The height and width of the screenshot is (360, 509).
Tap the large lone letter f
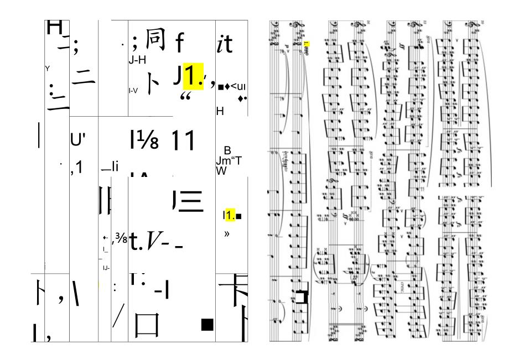pos(179,43)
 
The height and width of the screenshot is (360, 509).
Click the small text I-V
pos(133,90)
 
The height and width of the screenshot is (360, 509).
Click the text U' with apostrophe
pos(76,141)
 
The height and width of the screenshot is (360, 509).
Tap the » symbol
pos(226,234)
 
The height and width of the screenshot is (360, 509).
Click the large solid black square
pos(207,325)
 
